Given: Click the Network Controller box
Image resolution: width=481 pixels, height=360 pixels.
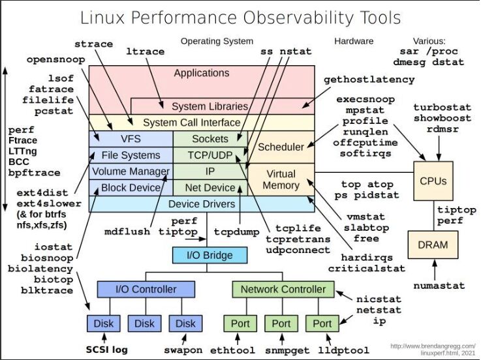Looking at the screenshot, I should click(283, 289).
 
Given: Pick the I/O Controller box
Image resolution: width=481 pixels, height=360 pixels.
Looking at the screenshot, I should click(146, 289).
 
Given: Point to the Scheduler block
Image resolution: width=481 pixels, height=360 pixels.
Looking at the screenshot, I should click(281, 147).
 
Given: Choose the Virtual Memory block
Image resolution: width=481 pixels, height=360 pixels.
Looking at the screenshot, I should click(281, 179).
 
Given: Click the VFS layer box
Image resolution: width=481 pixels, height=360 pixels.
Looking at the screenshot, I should click(131, 139).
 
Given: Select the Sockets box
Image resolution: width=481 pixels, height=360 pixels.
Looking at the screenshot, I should click(209, 139).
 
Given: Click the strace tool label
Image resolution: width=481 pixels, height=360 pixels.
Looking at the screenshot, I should click(94, 44).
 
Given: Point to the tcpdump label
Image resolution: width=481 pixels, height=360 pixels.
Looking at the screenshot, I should click(236, 232).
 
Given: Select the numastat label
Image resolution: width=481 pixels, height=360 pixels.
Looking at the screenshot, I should click(439, 286).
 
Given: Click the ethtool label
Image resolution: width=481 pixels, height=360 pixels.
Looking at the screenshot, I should click(232, 350).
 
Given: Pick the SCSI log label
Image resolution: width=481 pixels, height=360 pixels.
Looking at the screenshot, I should click(106, 350).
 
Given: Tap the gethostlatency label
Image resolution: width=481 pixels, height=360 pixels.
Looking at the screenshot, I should click(369, 80).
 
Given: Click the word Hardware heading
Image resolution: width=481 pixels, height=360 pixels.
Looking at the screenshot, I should click(354, 41).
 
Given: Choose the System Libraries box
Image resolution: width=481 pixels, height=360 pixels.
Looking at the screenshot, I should click(209, 106).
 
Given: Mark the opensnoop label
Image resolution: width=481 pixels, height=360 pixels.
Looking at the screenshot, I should click(56, 60).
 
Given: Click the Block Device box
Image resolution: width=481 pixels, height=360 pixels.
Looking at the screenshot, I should click(131, 188).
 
